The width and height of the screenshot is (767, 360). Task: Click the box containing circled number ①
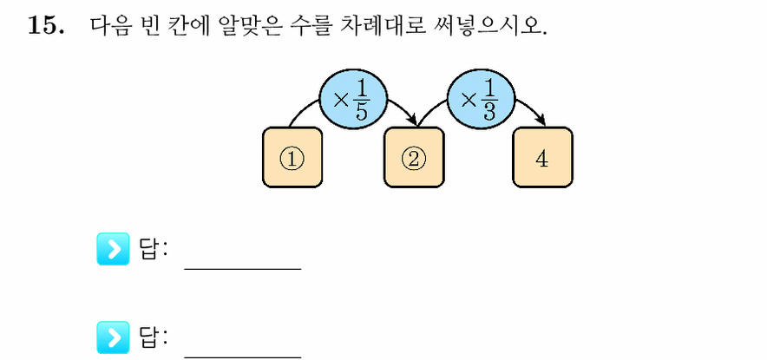coord(292,157)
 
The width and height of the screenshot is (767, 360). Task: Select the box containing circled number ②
coord(414,157)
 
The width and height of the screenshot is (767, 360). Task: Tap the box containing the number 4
coord(542,157)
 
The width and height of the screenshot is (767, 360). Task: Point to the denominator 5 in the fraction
coord(361,112)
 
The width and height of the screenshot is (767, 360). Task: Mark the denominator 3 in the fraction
coord(489,112)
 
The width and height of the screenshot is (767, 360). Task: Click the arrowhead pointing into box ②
coord(413,121)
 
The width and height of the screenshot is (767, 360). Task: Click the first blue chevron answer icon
coord(113,249)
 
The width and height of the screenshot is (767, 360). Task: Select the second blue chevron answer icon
coord(113,337)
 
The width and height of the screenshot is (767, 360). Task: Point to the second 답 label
coord(151,337)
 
